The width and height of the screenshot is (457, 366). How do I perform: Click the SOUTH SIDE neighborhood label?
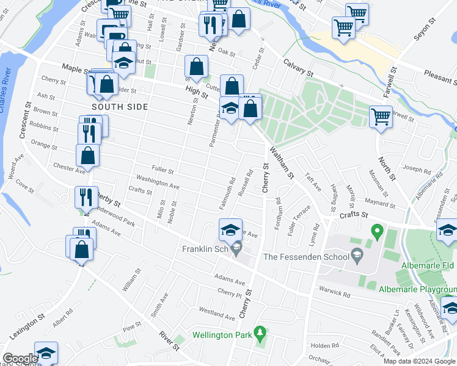[x=120, y=107]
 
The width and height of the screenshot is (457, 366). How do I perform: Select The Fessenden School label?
[x=304, y=257]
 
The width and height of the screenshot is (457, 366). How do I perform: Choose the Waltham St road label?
[x=282, y=162]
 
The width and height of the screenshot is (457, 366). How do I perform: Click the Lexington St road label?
[x=27, y=326]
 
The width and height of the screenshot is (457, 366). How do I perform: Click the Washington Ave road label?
[x=158, y=181]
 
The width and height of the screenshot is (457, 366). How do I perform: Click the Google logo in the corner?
[x=20, y=359]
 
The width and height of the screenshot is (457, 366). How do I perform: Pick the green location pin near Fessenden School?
[x=377, y=232]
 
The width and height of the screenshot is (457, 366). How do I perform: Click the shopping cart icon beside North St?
[x=381, y=116]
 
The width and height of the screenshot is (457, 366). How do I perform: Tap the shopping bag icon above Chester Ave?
[x=88, y=156]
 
